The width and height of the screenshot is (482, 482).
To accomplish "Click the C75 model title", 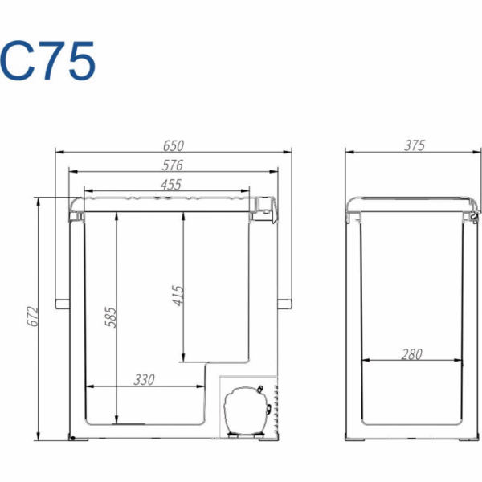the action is tap(48, 60).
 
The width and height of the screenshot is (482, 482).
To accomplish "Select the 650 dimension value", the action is tap(174, 145).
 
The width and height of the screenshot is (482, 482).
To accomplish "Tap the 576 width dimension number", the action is tap(173, 165).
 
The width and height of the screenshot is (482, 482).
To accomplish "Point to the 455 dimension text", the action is tap(171, 185).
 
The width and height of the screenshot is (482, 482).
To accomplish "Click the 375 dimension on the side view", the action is tap(415, 145).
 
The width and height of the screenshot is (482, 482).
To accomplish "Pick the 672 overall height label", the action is tap(32, 316).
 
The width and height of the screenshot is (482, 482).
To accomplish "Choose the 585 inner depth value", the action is tap(111, 317).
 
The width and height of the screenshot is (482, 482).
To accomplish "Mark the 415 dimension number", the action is tap(178, 296).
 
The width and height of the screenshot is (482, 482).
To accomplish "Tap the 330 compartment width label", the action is tap(144, 380).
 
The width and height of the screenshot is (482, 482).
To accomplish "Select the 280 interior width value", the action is tap(411, 354).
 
